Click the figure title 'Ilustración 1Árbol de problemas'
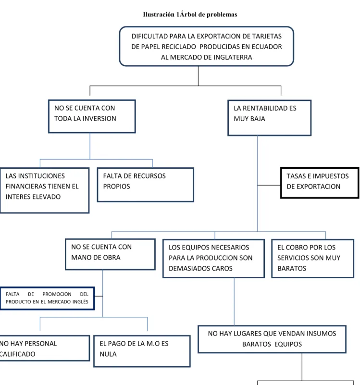tap(190, 14)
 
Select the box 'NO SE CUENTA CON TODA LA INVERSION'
tap(92, 116)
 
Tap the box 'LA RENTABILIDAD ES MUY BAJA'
tap(269, 118)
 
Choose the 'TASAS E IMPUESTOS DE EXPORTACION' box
tap(320, 183)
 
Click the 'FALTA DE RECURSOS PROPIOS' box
tap(145, 185)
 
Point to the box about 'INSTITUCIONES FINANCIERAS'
tap(44, 190)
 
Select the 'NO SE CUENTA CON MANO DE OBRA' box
tap(110, 254)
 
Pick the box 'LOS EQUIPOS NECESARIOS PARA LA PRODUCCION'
tap(213, 259)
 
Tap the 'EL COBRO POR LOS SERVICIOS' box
tap(312, 259)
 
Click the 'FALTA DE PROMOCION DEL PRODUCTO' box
tap(47, 298)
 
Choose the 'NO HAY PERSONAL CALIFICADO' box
tap(45, 348)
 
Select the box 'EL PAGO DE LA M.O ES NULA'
tap(142, 351)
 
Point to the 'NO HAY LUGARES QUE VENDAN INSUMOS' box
tap(272, 339)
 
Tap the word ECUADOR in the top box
tap(267, 47)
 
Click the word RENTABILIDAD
tap(265, 108)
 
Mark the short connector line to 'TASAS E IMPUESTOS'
tap(269, 185)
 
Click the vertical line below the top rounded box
tap(198, 76)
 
